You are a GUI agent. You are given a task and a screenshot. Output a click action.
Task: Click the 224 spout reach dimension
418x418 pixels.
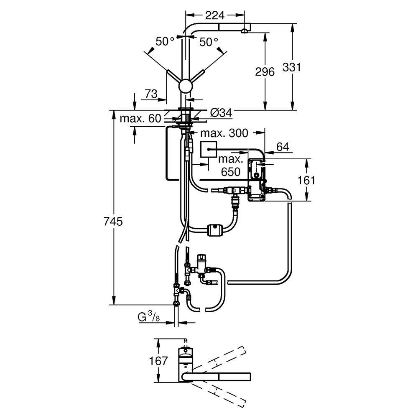click(215, 15)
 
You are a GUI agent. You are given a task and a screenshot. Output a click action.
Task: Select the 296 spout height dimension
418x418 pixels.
click(265, 71)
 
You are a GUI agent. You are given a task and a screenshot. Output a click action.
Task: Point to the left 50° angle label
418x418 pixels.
click(165, 41)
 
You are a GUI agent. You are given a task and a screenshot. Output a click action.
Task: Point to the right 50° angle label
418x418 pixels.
click(209, 41)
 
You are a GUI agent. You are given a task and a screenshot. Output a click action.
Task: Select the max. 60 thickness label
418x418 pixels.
click(140, 119)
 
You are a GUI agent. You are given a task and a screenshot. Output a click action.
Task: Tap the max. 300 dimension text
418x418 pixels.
click(224, 133)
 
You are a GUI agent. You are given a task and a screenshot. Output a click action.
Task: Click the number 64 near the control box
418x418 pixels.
click(283, 147)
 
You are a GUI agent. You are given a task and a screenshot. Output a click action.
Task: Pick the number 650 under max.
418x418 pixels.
click(231, 172)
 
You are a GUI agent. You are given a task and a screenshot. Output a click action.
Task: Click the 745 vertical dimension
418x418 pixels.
click(113, 222)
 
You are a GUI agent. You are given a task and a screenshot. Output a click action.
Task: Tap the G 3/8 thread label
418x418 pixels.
click(149, 318)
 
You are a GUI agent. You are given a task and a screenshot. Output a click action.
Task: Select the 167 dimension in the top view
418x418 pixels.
click(158, 360)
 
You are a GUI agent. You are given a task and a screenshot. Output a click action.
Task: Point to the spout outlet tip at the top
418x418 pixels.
click(244, 31)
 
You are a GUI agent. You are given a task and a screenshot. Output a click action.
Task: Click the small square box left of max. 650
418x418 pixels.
click(208, 149)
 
